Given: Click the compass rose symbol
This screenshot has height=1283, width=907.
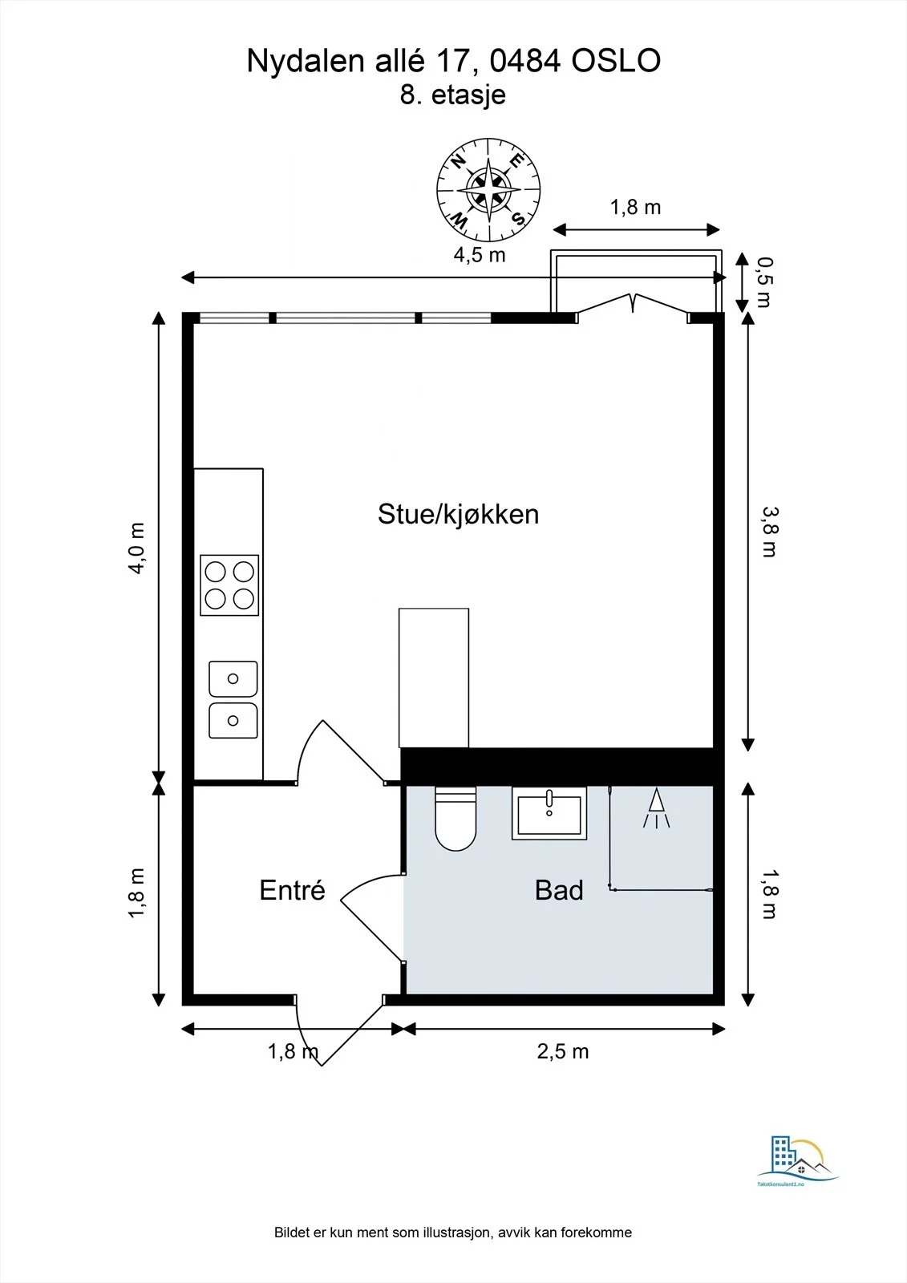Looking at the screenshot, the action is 488,189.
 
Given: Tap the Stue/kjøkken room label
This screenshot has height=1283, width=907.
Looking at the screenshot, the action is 459,514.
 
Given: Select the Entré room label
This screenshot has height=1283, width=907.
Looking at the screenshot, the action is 292,890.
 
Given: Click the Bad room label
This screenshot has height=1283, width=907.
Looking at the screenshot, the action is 559,890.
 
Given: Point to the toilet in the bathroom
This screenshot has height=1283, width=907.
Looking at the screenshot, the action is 456,818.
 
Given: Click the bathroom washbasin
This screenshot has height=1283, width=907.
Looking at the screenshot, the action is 549,813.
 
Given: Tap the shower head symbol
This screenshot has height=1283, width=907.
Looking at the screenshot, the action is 657,808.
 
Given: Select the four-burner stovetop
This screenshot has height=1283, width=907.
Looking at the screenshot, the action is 229,585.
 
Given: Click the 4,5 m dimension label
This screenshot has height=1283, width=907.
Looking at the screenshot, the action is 480,255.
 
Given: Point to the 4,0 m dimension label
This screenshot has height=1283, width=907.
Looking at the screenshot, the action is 136,548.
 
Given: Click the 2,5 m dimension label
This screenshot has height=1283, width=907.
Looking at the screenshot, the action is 563,1051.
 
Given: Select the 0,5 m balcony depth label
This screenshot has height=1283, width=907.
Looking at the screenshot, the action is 764,282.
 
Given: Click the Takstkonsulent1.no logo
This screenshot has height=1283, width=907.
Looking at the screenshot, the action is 798,1162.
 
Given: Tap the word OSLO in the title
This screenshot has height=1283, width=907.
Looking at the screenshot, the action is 617,61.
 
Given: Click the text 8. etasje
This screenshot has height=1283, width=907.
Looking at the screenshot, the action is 452,95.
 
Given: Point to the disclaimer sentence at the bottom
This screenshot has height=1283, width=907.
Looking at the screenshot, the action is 453,1232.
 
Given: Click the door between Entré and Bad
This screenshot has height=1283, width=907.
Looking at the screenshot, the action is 372,918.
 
